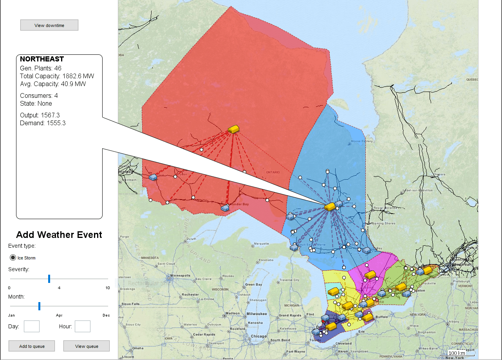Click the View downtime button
coord(49,25)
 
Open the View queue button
coord(87,346)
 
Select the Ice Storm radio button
coord(13,257)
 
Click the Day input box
coord(32,326)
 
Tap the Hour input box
coord(83,326)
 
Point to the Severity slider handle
coord(49,279)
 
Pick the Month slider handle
coord(39,306)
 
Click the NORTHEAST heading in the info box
coord(42,59)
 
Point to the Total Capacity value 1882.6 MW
coord(78,76)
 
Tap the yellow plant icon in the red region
coord(234,129)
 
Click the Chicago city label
coord(258,336)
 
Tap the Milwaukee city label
coord(257,313)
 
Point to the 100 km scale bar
coord(457,353)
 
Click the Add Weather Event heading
coord(59,235)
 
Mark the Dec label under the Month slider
coord(106,315)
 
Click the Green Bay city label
coord(253,284)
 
